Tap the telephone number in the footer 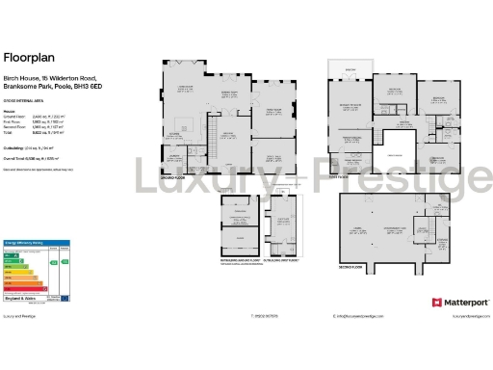tap(212, 315)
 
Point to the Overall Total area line tap(39, 156)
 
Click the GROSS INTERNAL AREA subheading tap(26, 101)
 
